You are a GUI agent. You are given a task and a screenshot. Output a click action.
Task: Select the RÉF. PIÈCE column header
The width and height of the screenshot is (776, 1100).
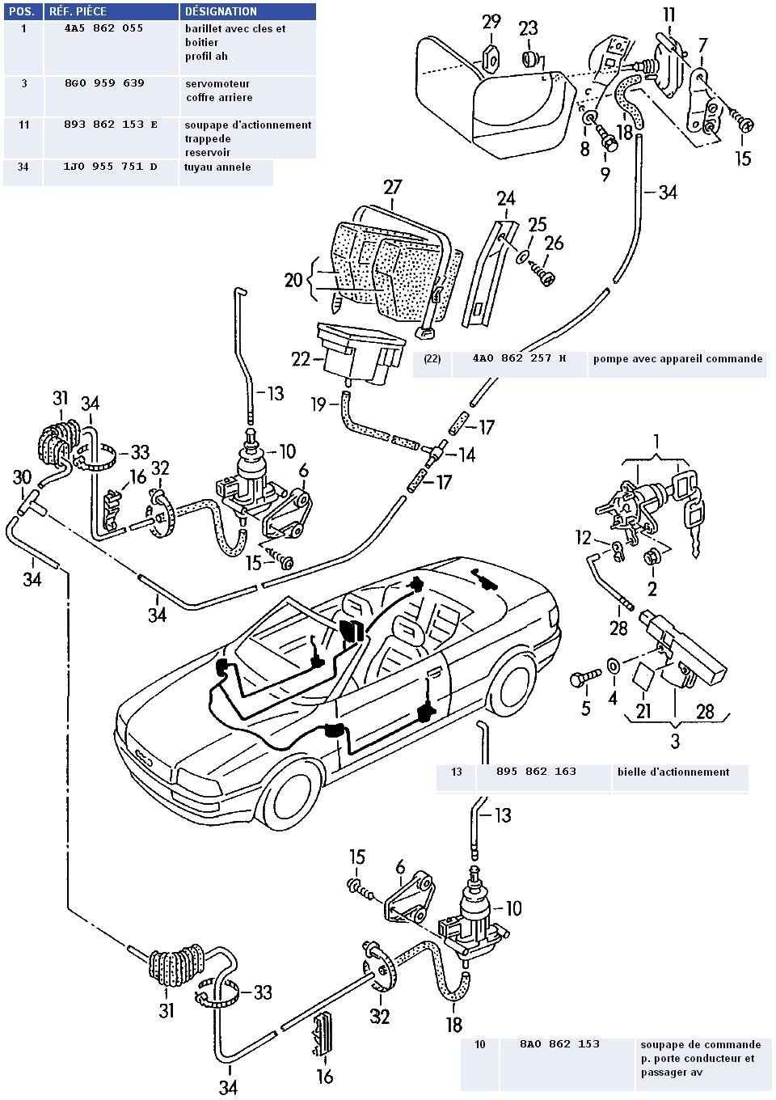78,11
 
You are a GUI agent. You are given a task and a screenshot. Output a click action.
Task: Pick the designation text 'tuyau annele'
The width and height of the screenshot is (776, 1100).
218,167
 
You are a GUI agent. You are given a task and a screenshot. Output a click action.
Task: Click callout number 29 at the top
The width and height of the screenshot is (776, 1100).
491,22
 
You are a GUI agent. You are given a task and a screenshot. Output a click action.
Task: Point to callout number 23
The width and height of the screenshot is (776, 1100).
528,29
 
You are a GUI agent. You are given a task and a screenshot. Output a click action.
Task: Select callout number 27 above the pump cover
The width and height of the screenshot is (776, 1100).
393,188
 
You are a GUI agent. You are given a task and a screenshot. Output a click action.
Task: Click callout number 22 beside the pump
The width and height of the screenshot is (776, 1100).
301,358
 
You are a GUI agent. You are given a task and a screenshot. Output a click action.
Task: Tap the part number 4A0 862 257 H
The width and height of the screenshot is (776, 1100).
519,358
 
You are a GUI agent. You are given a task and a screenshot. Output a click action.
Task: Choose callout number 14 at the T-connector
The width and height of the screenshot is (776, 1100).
466,455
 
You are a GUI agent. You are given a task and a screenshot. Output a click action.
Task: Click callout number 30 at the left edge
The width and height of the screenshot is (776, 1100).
22,478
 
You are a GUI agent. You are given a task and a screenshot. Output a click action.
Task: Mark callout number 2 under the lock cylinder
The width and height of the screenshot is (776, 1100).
652,588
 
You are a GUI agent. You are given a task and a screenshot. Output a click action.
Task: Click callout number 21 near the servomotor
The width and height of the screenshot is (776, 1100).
643,711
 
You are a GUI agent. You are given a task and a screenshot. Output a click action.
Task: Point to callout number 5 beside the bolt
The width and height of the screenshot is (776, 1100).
586,709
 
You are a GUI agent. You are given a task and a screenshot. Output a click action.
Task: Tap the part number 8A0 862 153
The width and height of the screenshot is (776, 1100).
559,1044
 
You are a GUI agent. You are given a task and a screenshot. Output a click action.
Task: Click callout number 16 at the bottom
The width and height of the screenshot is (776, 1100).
324,1077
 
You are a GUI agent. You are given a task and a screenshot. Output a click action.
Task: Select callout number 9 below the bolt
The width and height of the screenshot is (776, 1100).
605,173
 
